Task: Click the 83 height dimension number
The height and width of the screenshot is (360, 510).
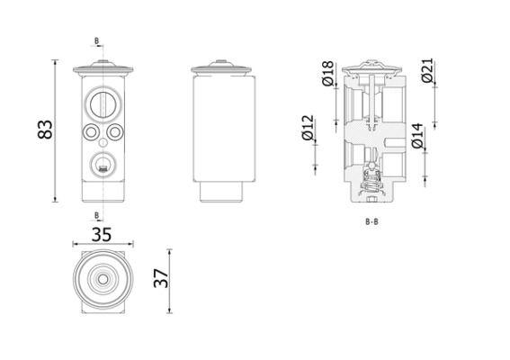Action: click(x=45, y=130)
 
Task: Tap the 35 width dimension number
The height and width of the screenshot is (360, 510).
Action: click(x=102, y=234)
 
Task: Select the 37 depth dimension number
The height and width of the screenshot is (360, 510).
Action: click(x=161, y=278)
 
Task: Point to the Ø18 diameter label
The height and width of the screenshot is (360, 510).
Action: click(x=327, y=73)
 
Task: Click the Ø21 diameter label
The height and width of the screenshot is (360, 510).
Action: click(x=427, y=70)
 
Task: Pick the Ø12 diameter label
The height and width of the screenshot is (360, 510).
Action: click(x=308, y=128)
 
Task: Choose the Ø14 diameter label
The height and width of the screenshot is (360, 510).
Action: click(x=418, y=136)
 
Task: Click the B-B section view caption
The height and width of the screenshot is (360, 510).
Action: click(x=371, y=222)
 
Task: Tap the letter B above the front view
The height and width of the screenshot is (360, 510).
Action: click(x=96, y=41)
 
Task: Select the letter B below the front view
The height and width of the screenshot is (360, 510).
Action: click(x=96, y=215)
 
